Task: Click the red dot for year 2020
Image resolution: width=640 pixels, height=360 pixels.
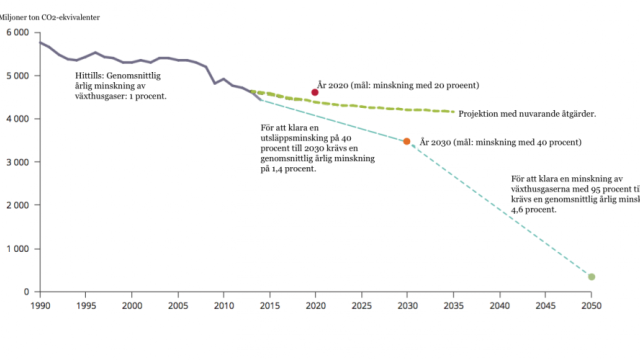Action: point(315,92)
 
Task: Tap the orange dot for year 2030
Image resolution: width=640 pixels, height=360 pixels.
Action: point(406,141)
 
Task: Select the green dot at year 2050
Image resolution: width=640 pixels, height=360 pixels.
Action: point(591,276)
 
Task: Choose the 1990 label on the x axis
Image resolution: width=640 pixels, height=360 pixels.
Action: point(40,305)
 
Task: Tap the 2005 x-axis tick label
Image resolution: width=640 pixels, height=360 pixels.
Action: point(177,305)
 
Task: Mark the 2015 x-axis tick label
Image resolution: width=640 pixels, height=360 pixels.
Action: point(269,305)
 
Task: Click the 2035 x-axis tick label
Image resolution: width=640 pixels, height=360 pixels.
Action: point(453,305)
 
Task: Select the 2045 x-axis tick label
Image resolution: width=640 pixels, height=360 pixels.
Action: point(545,305)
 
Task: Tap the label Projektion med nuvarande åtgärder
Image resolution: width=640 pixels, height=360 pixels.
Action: point(527,114)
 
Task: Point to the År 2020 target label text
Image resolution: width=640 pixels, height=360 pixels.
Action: point(398,85)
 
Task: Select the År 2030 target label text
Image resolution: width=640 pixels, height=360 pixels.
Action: point(500,142)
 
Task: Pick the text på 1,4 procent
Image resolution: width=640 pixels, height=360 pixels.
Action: point(288,169)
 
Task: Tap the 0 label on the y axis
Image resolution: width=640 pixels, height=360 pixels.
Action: point(26,292)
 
